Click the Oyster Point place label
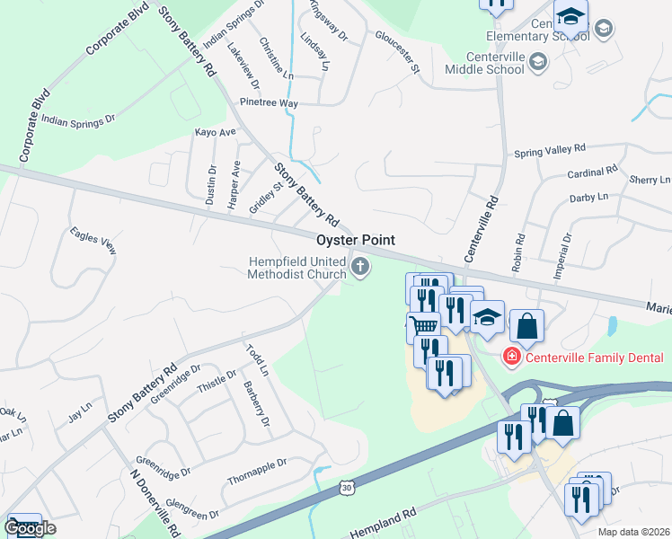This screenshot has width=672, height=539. pos(356,241)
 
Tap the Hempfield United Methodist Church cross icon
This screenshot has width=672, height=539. pos(361,265)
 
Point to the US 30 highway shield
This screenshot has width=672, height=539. pos(347,487)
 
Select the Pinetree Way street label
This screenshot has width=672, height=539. pos(269,103)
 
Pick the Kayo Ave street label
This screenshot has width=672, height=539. pos(215,132)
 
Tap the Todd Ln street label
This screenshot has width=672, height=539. pos(257,358)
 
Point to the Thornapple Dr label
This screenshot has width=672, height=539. pos(256,465)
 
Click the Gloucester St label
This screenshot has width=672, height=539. pos(397,51)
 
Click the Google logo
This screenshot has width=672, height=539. pos(30,528)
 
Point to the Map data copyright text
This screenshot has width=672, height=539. pos(634,532)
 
